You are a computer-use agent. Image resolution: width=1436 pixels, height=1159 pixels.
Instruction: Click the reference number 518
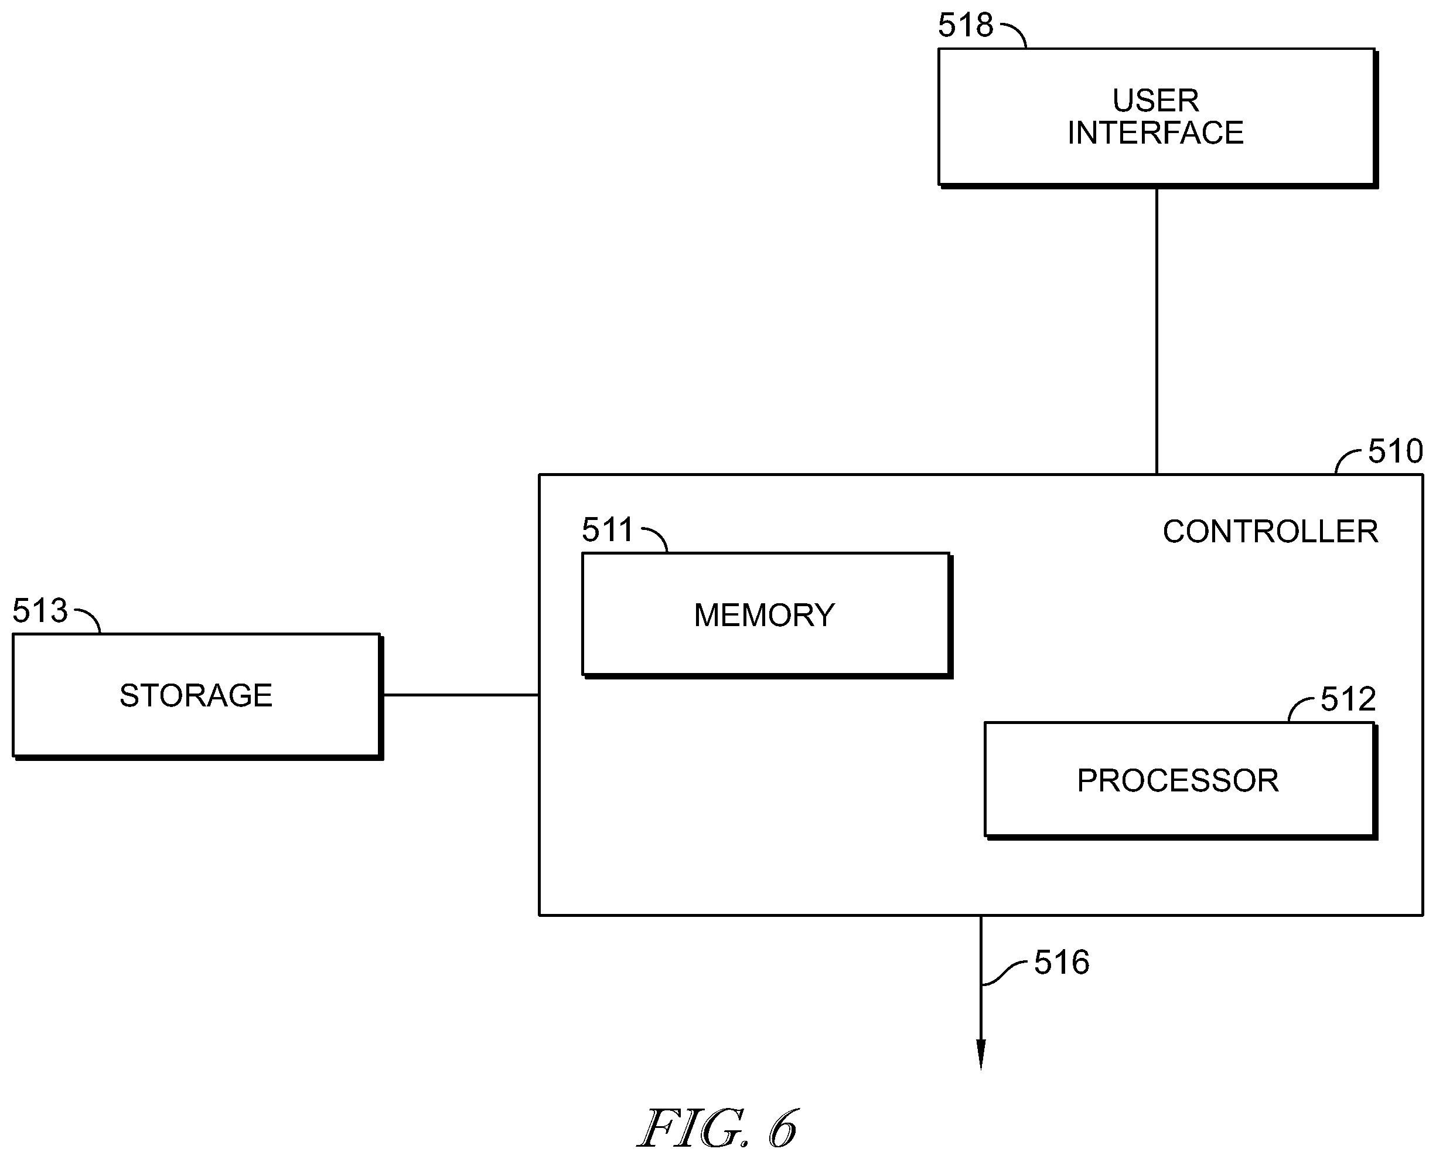coord(965,25)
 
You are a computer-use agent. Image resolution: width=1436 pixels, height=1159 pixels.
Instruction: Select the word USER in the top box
coord(1156,101)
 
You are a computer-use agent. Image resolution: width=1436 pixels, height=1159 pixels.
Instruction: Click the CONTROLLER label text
coord(1271,532)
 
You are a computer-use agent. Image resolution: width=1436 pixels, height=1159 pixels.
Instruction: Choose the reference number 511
coord(607,529)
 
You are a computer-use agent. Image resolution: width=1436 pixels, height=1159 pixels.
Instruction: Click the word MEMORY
coord(765,615)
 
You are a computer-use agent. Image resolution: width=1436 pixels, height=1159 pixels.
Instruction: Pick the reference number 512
coord(1348,699)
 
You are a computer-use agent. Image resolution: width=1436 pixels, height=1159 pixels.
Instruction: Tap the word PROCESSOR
coord(1178,780)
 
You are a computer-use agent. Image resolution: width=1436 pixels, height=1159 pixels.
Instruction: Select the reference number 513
coord(40,610)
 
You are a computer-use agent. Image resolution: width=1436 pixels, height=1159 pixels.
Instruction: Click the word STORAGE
coord(196,696)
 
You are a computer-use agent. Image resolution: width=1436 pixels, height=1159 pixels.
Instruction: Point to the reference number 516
coord(1062,963)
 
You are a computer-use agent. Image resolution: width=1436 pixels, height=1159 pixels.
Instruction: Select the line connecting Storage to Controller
coord(461,695)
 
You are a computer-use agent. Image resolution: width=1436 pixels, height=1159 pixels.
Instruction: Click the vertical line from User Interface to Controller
coord(1157,331)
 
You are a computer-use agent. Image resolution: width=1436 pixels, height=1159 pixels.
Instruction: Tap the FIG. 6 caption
coord(718,1129)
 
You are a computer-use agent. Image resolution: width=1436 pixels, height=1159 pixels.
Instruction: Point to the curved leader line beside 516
coord(1003,973)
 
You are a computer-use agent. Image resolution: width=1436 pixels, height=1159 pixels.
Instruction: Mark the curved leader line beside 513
coord(90,617)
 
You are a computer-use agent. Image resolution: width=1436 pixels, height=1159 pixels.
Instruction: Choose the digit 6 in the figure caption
coord(783,1129)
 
